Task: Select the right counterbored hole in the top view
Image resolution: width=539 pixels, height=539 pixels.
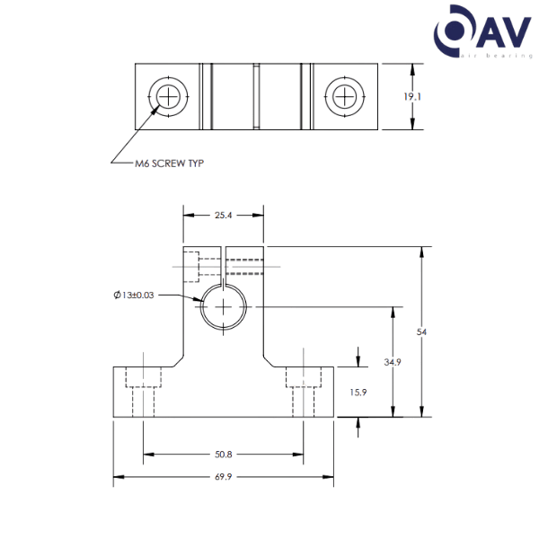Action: (x=343, y=94)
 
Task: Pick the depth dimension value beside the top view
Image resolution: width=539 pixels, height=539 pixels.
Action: (x=412, y=96)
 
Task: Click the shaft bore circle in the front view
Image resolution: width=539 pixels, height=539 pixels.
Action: (x=223, y=306)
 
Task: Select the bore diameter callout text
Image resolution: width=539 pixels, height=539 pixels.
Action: (x=135, y=295)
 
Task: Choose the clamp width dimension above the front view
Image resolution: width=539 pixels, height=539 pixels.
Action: (x=223, y=215)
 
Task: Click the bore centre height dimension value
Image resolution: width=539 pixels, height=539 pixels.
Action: (x=391, y=362)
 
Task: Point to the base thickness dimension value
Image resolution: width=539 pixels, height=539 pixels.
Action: (x=358, y=393)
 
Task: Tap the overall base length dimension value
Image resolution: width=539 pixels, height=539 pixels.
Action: (x=223, y=478)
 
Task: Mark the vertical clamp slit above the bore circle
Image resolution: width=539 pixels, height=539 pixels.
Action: (x=223, y=266)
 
